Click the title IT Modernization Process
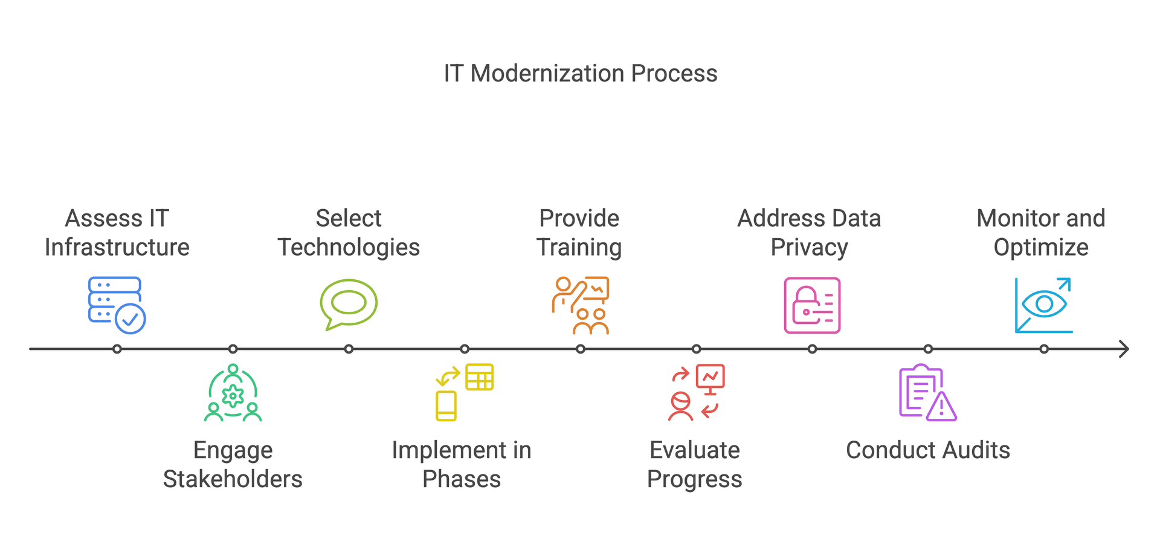point(581,74)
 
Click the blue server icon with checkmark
point(117,305)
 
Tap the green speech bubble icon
point(349,305)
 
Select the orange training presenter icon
point(581,305)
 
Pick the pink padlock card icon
point(812,305)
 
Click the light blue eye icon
point(1044,305)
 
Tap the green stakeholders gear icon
point(233,392)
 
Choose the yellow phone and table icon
point(465,392)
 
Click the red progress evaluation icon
point(697,392)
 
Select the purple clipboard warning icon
point(928,392)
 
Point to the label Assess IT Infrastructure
point(117,233)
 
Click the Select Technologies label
point(349,233)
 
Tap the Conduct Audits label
point(928,450)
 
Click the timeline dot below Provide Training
point(581,349)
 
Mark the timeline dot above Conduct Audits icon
point(929,349)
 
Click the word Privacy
point(810,248)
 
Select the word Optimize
point(1041,248)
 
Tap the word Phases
point(462,479)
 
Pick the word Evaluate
point(695,450)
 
